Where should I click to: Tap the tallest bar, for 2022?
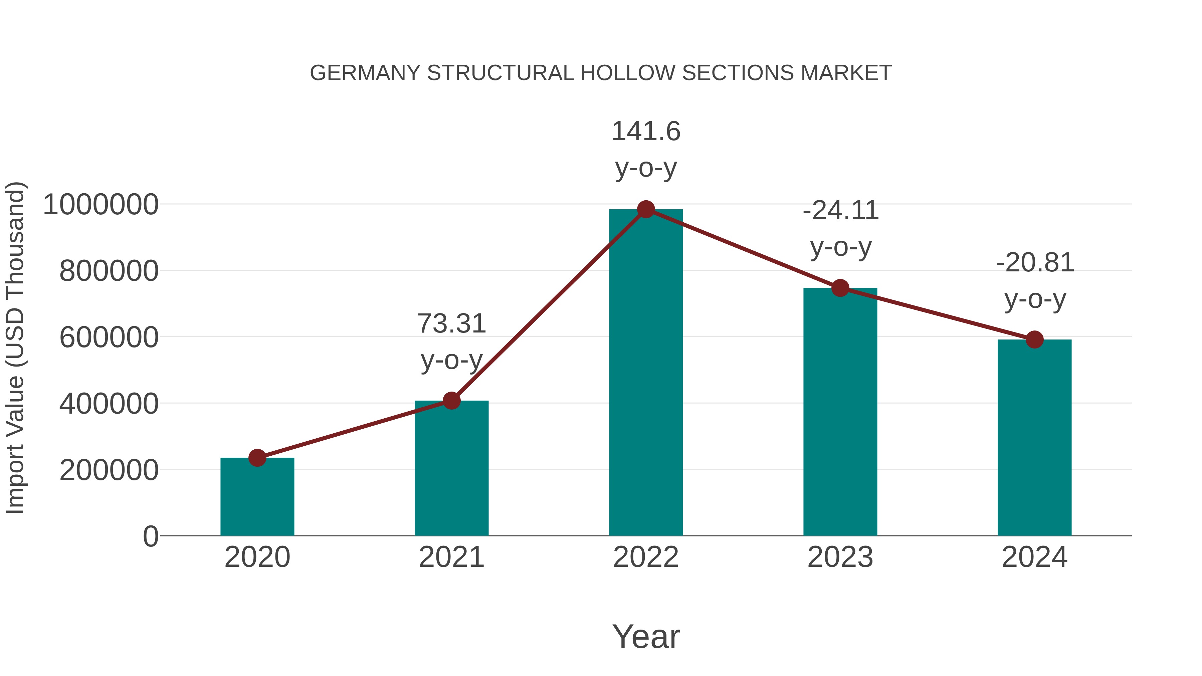point(646,373)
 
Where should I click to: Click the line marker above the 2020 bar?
point(257,458)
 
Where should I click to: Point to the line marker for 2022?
point(646,209)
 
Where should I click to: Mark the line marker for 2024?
point(1034,340)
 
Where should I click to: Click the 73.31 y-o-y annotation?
point(451,341)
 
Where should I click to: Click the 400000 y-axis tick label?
point(109,404)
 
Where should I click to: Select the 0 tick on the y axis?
point(150,536)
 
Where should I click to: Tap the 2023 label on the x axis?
point(840,557)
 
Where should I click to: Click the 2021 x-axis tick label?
point(451,557)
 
